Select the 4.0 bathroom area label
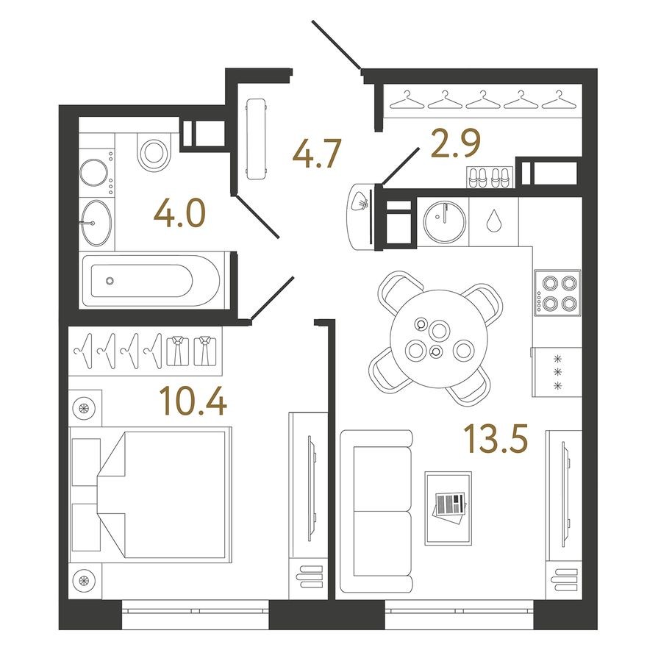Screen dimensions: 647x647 pyautogui.click(x=179, y=213)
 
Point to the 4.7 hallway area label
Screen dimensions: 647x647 pyautogui.click(x=317, y=153)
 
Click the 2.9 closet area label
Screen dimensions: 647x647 pyautogui.click(x=456, y=143)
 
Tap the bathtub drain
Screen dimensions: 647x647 pyautogui.click(x=110, y=281)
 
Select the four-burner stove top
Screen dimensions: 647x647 pyautogui.click(x=558, y=293)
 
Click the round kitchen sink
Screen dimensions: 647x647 pyautogui.click(x=445, y=223)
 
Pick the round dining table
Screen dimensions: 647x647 pyautogui.click(x=439, y=339)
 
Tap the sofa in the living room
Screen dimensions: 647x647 pyautogui.click(x=376, y=511)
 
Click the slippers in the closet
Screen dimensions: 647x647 pyautogui.click(x=490, y=177)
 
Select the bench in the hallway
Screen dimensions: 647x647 pyautogui.click(x=256, y=139)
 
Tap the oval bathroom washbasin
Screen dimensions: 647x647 pyautogui.click(x=96, y=224)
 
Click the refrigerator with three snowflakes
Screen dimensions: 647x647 pyautogui.click(x=557, y=372)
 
